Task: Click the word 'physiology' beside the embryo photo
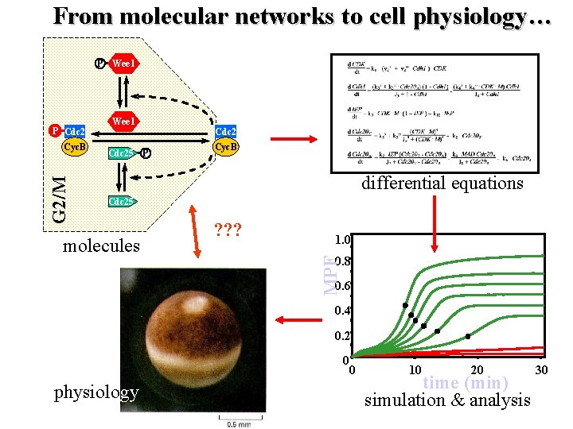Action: click(95, 392)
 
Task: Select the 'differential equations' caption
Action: click(442, 183)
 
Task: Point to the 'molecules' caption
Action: click(101, 245)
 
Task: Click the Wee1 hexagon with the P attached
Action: click(125, 63)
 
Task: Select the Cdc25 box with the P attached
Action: click(121, 153)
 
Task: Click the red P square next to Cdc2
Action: click(54, 130)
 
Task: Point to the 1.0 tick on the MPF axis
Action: click(342, 239)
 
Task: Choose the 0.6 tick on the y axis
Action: click(343, 286)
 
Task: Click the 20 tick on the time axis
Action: click(476, 370)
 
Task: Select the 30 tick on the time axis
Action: click(540, 370)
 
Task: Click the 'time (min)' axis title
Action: click(465, 383)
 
